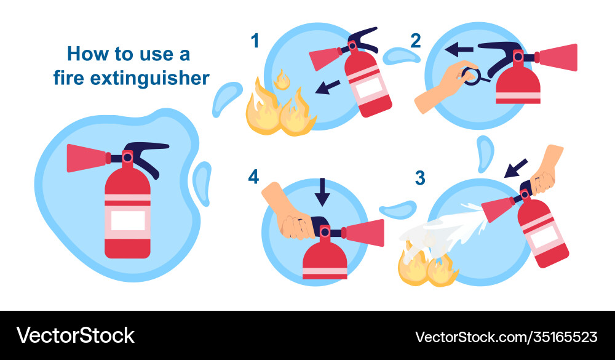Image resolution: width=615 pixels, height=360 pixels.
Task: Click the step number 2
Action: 416,41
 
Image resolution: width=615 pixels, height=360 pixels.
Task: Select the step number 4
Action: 253,177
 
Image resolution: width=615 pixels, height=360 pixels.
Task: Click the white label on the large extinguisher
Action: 127,220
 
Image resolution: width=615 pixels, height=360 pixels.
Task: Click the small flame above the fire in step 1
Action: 282,79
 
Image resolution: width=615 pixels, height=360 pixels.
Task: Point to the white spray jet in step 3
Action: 449,228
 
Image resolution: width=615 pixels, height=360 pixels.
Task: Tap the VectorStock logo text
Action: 76,335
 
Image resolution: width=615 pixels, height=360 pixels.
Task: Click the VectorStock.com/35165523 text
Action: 506,337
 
